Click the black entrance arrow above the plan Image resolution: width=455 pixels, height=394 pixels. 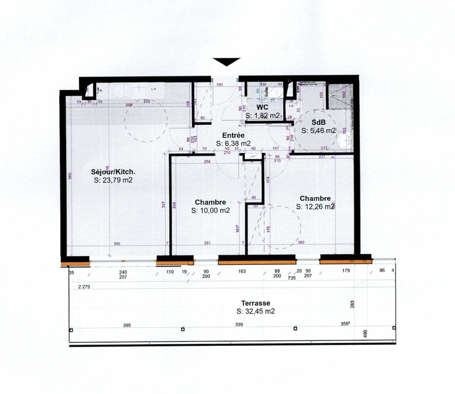pyautogui.click(x=227, y=62)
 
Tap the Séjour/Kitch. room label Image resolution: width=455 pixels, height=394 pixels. pyautogui.click(x=113, y=172)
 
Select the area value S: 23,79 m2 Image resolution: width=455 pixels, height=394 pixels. pyautogui.click(x=113, y=180)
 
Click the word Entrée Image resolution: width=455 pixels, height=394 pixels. pyautogui.click(x=233, y=135)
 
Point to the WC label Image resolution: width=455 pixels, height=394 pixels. pyautogui.click(x=262, y=107)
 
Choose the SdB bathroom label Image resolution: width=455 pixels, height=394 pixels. pyautogui.click(x=318, y=123)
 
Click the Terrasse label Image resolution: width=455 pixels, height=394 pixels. pyautogui.click(x=255, y=303)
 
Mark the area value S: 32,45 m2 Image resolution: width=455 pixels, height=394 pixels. pyautogui.click(x=255, y=312)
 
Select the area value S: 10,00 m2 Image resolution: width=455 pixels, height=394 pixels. pyautogui.click(x=210, y=210)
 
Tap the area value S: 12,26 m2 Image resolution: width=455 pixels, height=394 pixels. pyautogui.click(x=315, y=207)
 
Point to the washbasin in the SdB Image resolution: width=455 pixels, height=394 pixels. pyautogui.click(x=344, y=140)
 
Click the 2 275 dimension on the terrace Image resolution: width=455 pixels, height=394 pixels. pyautogui.click(x=84, y=287)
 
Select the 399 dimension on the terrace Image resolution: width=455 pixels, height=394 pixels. pyautogui.click(x=239, y=324)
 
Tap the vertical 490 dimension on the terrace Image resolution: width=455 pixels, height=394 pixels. pyautogui.click(x=365, y=333)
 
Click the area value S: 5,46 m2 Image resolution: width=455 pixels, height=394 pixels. pyautogui.click(x=318, y=131)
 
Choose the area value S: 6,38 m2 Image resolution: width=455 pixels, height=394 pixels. pyautogui.click(x=233, y=144)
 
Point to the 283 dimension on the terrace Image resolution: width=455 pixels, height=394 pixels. pyautogui.click(x=352, y=304)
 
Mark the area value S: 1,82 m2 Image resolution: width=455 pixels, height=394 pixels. pyautogui.click(x=262, y=116)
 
